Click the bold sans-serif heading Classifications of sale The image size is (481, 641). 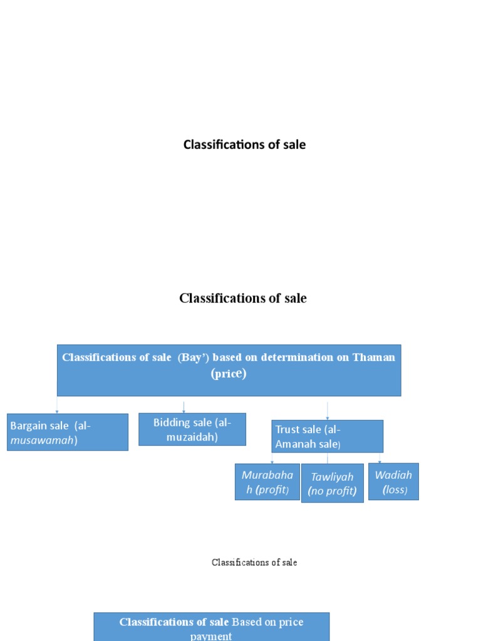point(244,145)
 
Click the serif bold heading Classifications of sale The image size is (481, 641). point(243,298)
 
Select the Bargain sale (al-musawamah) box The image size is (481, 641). point(67,432)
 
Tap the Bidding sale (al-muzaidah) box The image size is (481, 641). point(192,429)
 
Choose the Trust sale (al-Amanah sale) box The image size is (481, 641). point(327,436)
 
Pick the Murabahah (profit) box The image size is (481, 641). point(267,481)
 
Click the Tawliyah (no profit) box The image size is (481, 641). point(332,483)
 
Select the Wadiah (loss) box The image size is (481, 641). point(393,481)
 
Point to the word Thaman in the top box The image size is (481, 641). point(374,357)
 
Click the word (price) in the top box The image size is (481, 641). point(229,374)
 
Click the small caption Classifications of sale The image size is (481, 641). point(254,562)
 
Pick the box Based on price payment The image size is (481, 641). point(211,627)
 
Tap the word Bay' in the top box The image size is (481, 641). point(194,357)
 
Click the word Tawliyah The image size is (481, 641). point(332,477)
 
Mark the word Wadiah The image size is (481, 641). point(393,474)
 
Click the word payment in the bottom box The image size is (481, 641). point(211,636)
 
